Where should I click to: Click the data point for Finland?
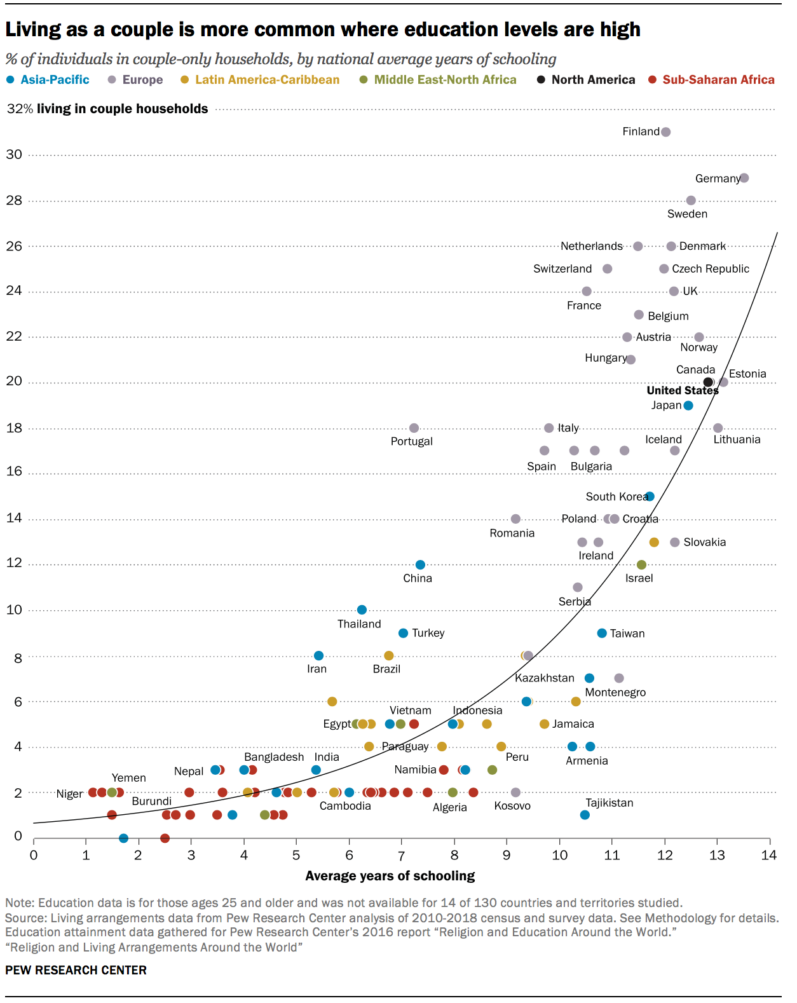665,132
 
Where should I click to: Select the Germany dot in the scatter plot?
744,178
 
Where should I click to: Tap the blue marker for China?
420,565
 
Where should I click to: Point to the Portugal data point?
414,428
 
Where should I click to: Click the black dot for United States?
708,382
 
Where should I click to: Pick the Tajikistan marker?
585,815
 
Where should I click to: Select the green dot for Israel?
641,565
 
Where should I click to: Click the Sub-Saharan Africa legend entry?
718,80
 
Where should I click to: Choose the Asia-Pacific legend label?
55,80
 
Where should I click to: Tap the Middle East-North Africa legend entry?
445,80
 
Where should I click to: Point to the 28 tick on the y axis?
14,200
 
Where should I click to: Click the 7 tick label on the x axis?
401,856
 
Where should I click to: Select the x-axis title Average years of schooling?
390,876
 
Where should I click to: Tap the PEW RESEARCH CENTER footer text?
76,970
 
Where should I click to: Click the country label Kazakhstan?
544,678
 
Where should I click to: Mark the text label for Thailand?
359,624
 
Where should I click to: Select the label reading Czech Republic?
710,269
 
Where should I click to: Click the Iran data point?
318,656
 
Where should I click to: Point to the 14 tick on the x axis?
769,856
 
